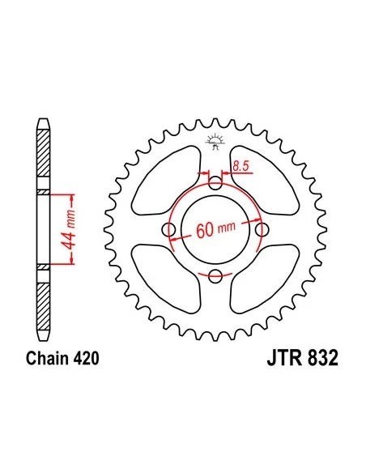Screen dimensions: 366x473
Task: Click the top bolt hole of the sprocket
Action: coord(215,183)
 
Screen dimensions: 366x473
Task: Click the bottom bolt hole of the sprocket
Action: coord(215,275)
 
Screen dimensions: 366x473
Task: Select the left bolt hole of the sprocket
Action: coord(169,230)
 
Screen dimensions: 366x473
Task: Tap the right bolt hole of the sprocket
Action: coord(262,230)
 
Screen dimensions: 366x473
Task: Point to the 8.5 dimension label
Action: coord(242,166)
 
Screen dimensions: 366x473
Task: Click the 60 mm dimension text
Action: coord(215,230)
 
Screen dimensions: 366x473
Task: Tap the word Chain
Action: coord(47,358)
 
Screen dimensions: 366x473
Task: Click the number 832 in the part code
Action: coord(322,358)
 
